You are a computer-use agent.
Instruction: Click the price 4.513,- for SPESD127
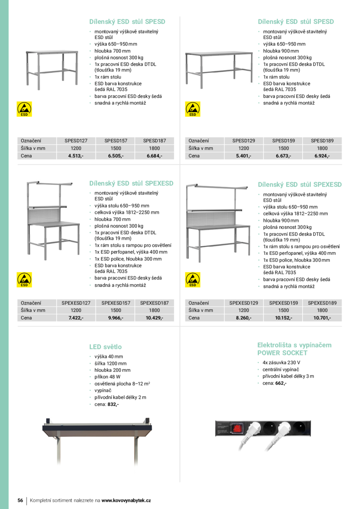click(x=76, y=156)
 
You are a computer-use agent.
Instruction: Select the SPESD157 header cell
click(x=116, y=141)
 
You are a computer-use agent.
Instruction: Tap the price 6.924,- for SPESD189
click(x=322, y=156)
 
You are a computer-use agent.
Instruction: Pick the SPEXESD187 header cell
click(x=154, y=303)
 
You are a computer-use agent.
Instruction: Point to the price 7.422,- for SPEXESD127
click(x=76, y=318)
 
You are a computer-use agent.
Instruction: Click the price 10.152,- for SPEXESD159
click(x=283, y=318)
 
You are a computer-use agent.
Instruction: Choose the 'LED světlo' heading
click(x=105, y=347)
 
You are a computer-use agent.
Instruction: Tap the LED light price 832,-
click(x=112, y=404)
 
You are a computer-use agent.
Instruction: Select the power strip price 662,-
click(x=280, y=383)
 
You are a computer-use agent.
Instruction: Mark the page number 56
click(x=20, y=500)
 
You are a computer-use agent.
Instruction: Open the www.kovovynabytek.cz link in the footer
click(x=126, y=500)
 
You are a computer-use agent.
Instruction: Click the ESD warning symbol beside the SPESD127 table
click(x=24, y=109)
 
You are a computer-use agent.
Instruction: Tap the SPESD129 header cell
click(x=243, y=141)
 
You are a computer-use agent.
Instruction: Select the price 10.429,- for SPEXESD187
click(x=154, y=318)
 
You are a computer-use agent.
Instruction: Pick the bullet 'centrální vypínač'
click(x=281, y=370)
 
